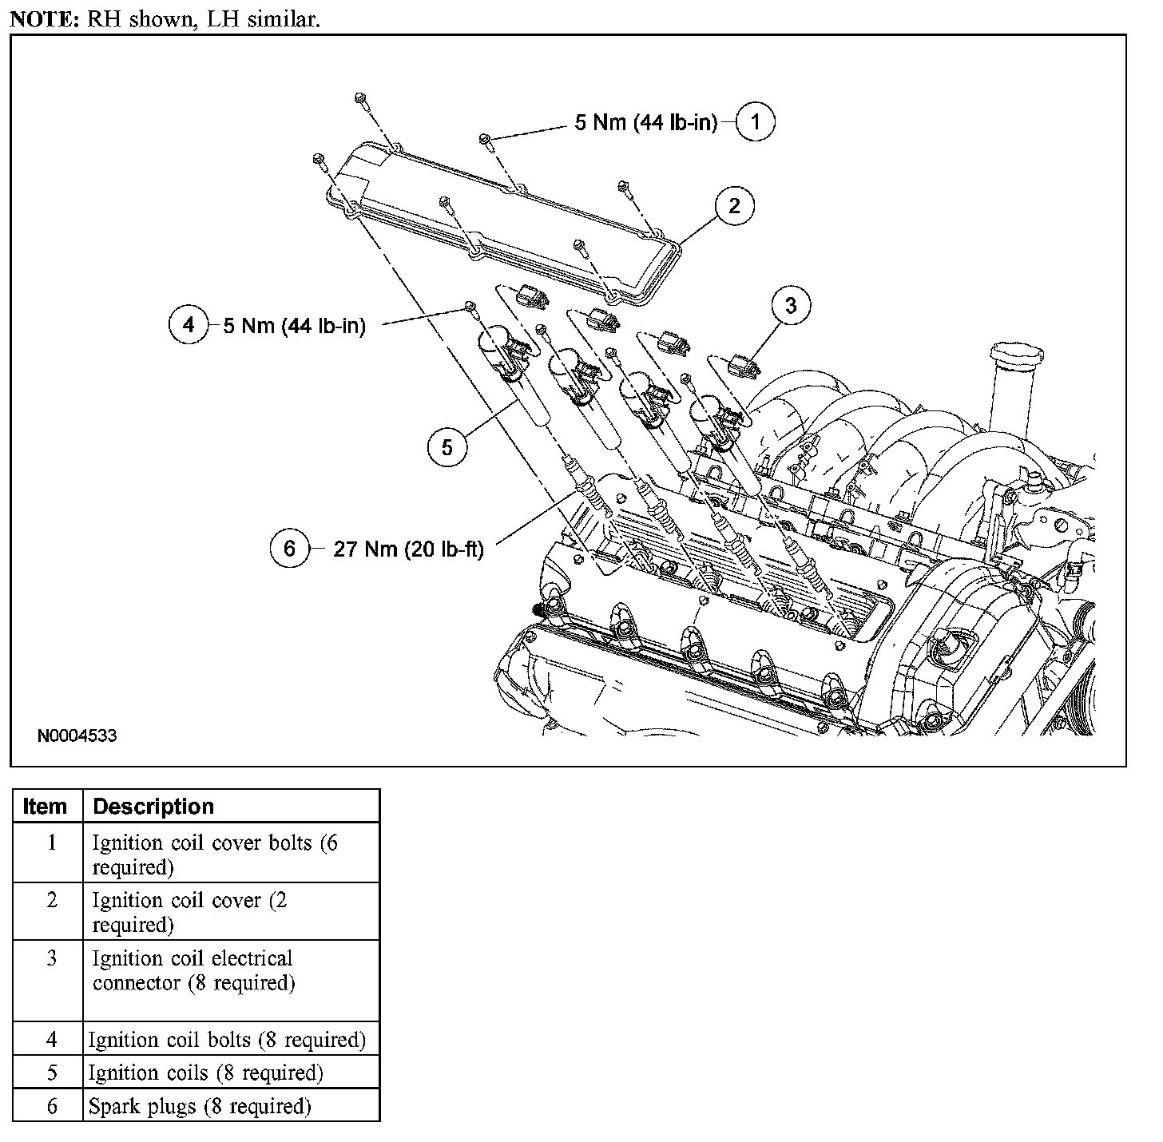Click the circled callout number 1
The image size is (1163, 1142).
(755, 122)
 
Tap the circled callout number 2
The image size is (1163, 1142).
(734, 206)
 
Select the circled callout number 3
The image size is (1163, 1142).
(791, 305)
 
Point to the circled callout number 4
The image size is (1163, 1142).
(189, 325)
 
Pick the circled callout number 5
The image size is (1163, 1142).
(447, 447)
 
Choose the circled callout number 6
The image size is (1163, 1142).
(289, 549)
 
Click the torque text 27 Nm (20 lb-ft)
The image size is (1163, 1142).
(408, 549)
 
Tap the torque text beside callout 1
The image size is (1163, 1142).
(646, 123)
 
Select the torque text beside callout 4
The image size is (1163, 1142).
(294, 326)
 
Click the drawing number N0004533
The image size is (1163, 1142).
(77, 735)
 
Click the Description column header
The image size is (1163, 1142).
(153, 807)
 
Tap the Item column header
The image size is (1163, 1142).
(46, 807)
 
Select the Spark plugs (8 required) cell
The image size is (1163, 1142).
(200, 1106)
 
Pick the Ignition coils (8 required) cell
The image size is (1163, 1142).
(206, 1073)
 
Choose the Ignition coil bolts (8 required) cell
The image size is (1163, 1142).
(227, 1040)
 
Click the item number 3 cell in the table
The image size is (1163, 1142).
(52, 958)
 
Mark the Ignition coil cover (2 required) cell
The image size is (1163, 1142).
(190, 912)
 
